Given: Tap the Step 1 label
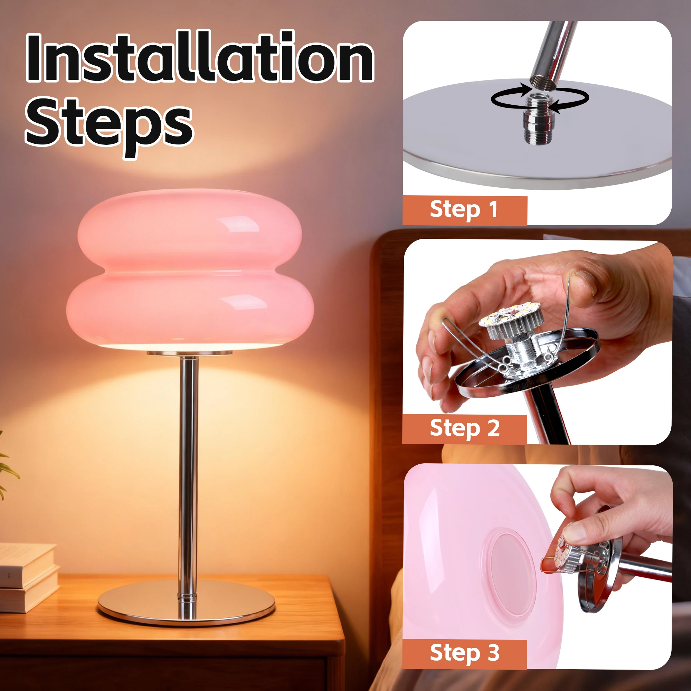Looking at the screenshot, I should [464, 210].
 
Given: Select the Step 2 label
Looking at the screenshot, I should [464, 428].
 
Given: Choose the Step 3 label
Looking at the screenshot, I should [464, 653].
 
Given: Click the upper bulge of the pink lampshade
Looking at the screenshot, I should [190, 229].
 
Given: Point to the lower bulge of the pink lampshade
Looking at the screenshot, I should [190, 307].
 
